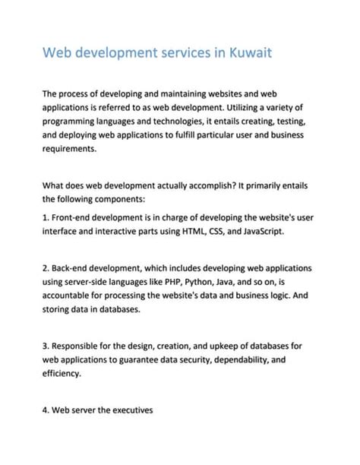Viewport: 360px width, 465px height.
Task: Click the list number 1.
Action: coord(46,217)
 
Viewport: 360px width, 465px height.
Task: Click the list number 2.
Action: coord(46,268)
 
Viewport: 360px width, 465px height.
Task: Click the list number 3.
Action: coord(46,346)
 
